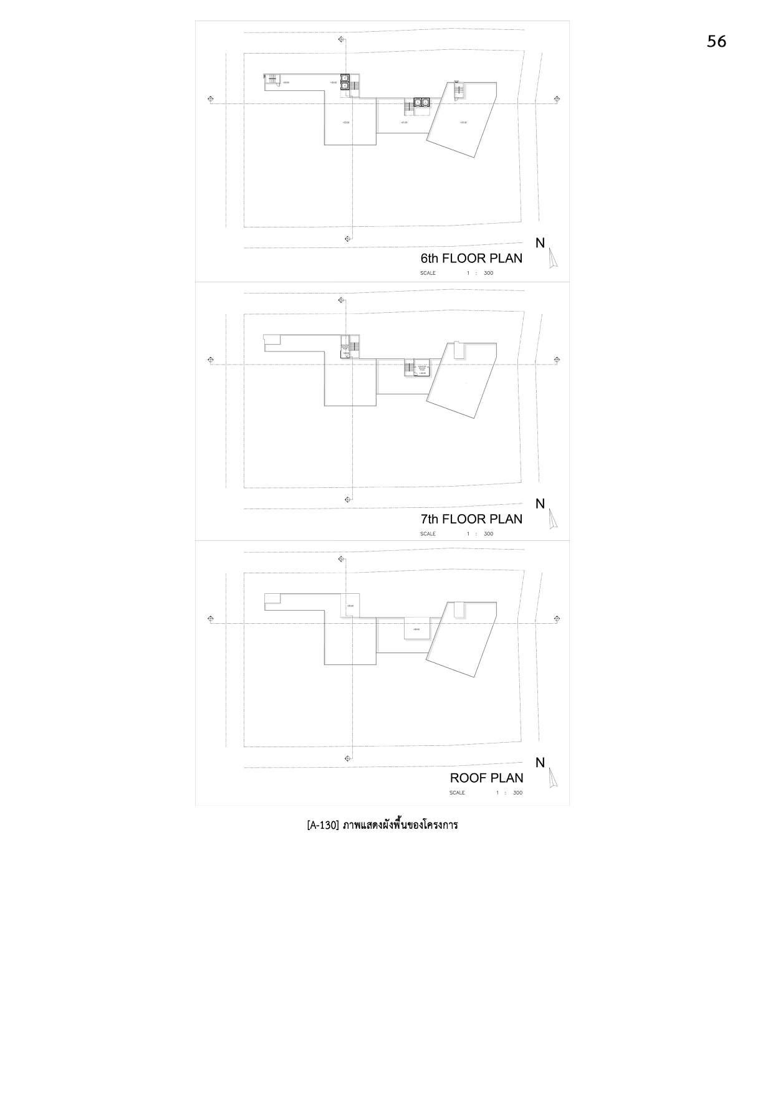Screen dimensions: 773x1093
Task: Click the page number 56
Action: pos(716,41)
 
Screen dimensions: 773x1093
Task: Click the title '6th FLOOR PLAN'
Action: pos(471,258)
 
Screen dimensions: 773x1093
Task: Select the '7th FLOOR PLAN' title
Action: pos(471,518)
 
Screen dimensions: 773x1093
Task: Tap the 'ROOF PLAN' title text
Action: pos(486,778)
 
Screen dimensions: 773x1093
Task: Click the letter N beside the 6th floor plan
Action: pos(540,244)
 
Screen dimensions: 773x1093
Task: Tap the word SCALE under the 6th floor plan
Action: pos(428,273)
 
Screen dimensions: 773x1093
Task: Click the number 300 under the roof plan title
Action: pos(517,793)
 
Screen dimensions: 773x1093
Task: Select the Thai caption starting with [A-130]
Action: pos(382,825)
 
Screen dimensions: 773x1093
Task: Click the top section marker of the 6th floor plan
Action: pos(341,40)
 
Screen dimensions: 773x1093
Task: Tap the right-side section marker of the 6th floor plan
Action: pos(557,99)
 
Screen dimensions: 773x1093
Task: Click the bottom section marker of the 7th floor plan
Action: pos(347,499)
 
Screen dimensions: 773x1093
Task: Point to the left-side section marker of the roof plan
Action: pos(210,619)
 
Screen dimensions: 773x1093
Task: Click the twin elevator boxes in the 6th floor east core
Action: pos(421,102)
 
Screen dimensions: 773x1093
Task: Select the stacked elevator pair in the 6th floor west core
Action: pos(345,82)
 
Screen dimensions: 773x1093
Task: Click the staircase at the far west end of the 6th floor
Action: pos(271,79)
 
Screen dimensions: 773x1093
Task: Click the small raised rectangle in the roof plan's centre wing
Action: pos(416,628)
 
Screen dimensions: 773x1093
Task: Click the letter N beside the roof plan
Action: pos(540,763)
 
